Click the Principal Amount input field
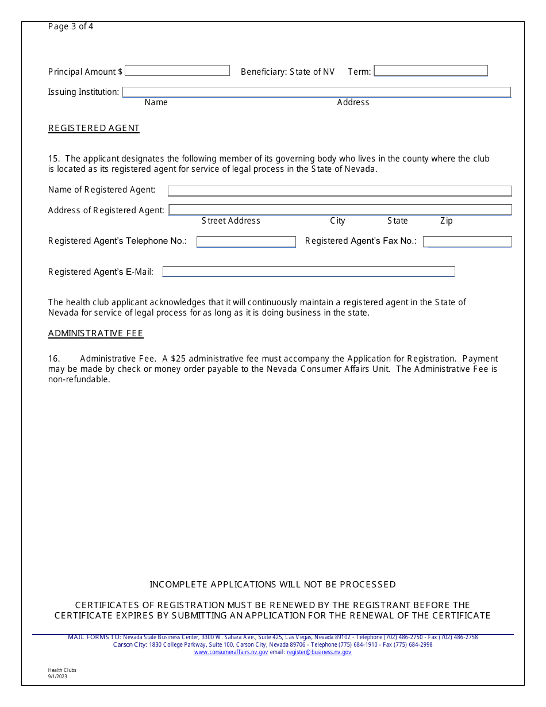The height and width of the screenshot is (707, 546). tap(177, 71)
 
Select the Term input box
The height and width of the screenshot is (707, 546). tap(430, 71)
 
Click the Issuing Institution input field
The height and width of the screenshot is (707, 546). tap(316, 92)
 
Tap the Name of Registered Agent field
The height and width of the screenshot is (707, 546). tap(339, 191)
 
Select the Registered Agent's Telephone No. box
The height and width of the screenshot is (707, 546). tap(246, 242)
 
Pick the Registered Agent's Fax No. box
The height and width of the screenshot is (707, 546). tap(467, 242)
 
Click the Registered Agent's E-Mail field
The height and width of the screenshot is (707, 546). tap(309, 271)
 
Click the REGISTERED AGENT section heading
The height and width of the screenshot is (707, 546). tap(94, 128)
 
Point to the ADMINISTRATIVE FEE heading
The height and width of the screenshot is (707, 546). tap(95, 333)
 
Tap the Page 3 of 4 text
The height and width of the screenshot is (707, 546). tap(71, 26)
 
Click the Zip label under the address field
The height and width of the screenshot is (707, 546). tap(446, 221)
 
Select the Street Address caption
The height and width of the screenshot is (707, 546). tap(230, 221)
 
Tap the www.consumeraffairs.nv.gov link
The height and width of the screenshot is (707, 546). tap(231, 652)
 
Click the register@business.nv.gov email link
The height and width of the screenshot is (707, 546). tap(319, 652)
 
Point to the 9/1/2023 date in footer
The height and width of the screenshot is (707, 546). tap(57, 677)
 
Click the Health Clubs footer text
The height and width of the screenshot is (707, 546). tap(62, 670)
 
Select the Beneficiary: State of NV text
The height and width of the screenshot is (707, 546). tap(287, 72)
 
